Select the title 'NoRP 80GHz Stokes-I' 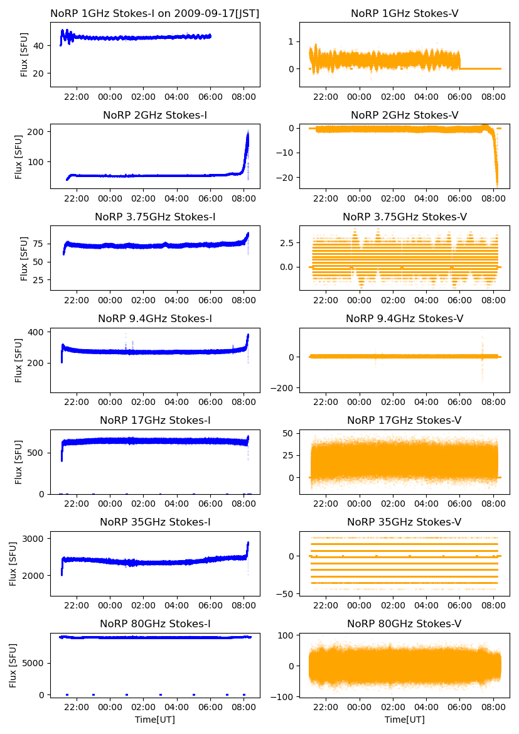point(155,623)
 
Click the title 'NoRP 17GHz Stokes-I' point(155,420)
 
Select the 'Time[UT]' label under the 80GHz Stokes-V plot point(404,720)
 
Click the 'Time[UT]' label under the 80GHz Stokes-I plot point(155,720)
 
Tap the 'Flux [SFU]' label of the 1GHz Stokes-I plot point(24,54)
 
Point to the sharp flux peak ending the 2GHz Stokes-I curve point(247,135)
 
